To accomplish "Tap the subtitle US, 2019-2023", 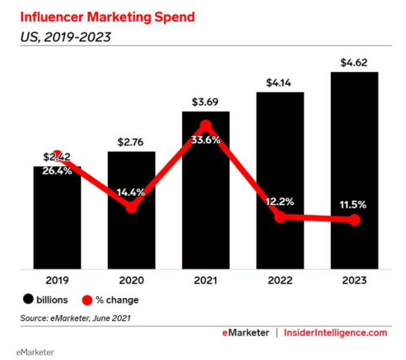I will (65, 38).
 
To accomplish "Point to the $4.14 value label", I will (280, 82).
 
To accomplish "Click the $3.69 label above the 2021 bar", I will (206, 102).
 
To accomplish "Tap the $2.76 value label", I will (131, 142).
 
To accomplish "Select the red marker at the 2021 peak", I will (206, 126).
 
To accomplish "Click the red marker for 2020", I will (131, 207).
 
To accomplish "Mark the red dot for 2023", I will (355, 220).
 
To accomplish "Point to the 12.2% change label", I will (280, 202).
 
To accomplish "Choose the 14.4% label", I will (131, 192).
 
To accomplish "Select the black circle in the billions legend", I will (27, 300).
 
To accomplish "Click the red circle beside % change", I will (86, 300).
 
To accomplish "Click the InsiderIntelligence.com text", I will (335, 333).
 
